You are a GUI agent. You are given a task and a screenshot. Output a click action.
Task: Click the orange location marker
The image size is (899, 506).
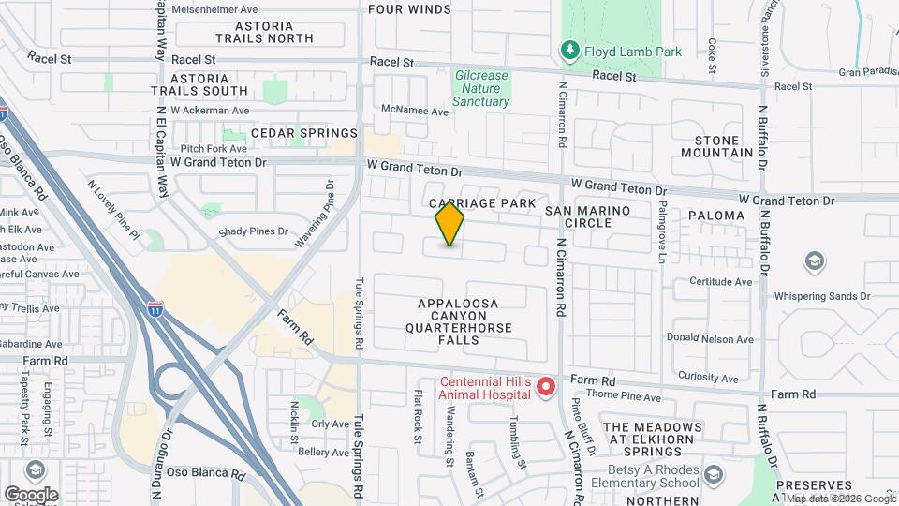click(449, 224)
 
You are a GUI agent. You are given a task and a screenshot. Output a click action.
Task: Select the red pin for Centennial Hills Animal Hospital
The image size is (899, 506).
click(546, 386)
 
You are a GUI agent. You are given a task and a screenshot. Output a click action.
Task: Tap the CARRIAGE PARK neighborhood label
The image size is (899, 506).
click(482, 203)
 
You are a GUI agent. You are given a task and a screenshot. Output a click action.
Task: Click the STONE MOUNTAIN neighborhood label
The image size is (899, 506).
click(717, 145)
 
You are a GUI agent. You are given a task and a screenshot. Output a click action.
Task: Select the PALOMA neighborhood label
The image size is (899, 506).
click(715, 216)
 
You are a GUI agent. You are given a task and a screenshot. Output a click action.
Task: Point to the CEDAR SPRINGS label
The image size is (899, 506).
click(290, 133)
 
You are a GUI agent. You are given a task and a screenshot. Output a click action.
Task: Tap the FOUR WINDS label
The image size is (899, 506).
click(409, 9)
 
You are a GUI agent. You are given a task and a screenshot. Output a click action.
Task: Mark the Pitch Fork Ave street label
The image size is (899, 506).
click(214, 148)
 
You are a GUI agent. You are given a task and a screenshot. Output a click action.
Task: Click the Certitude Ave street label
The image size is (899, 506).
click(721, 281)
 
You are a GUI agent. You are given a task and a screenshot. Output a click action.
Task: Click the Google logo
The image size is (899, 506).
click(31, 494)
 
